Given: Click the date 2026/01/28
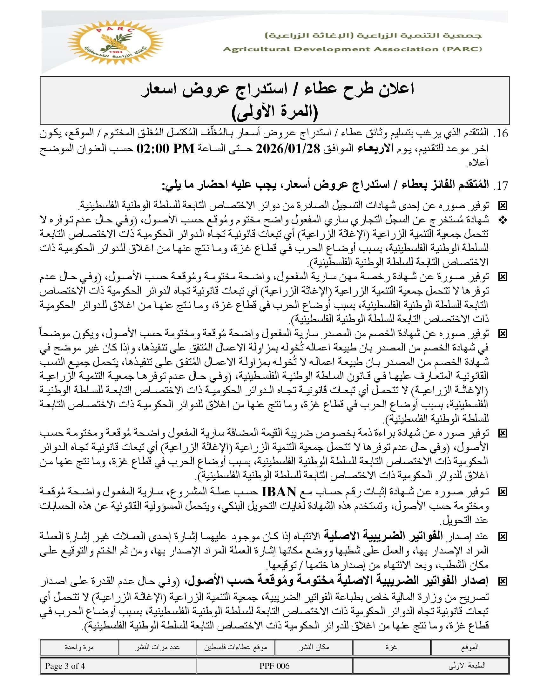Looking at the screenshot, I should [x=287, y=148].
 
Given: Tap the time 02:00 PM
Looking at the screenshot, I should [x=166, y=148].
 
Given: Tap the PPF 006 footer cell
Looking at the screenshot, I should [x=274, y=666].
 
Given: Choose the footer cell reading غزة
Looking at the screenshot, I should [x=391, y=647].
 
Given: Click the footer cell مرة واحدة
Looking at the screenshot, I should [x=79, y=647].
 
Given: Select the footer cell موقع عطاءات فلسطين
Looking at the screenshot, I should [x=235, y=647].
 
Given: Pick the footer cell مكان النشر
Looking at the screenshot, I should [x=314, y=647].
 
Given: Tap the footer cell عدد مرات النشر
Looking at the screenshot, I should [x=157, y=647].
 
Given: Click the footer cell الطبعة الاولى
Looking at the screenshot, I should [x=431, y=666].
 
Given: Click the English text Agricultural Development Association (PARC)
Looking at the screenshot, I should [x=352, y=49].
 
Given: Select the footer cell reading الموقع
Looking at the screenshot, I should [x=469, y=647].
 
